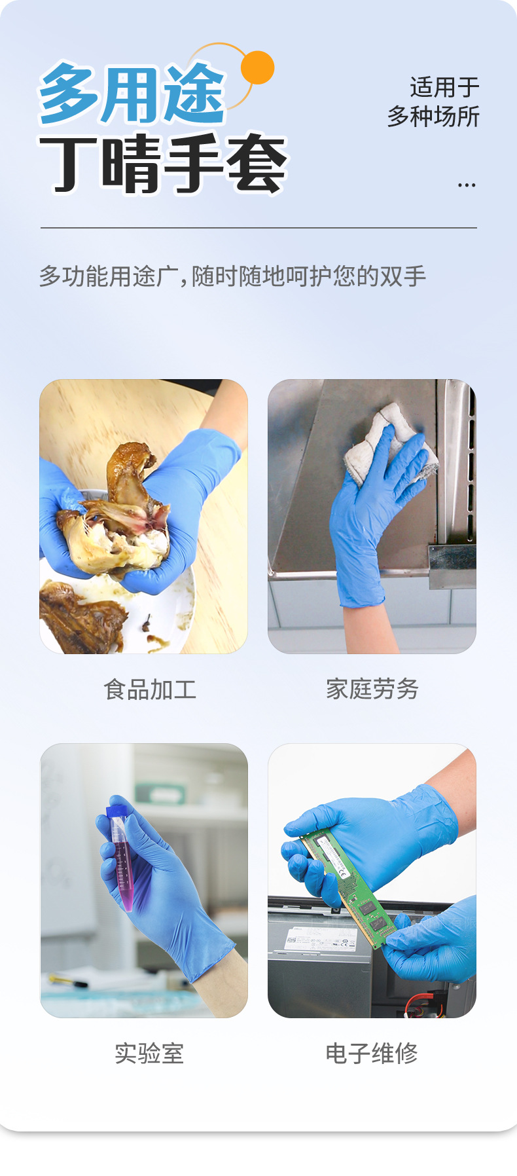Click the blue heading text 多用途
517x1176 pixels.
pyautogui.click(x=131, y=95)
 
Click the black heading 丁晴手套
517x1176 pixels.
pyautogui.click(x=164, y=165)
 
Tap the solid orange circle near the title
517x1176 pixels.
pyautogui.click(x=257, y=67)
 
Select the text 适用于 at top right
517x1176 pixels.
pyautogui.click(x=444, y=87)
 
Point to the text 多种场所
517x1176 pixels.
pyautogui.click(x=433, y=117)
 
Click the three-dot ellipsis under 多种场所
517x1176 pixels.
pyautogui.click(x=467, y=186)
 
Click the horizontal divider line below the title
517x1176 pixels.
pyautogui.click(x=258, y=228)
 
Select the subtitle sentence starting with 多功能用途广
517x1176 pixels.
pyautogui.click(x=232, y=276)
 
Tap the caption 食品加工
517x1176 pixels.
pyautogui.click(x=150, y=689)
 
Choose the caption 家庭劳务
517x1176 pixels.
pyautogui.click(x=372, y=689)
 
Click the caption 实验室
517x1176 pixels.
pyautogui.click(x=149, y=1054)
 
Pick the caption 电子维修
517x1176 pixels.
pyautogui.click(x=372, y=1053)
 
